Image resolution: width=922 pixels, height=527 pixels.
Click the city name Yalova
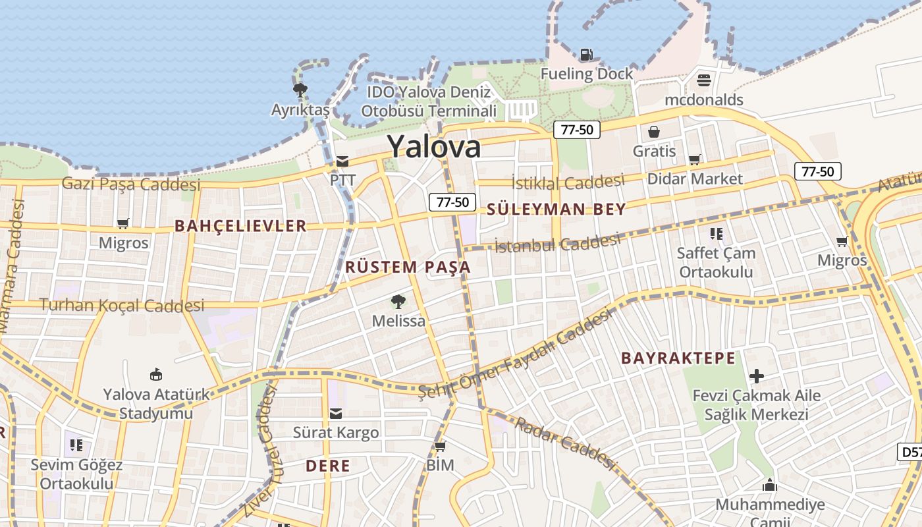click(x=433, y=146)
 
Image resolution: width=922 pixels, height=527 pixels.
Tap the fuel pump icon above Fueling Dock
click(x=586, y=55)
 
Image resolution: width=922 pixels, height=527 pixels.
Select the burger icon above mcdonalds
click(x=704, y=80)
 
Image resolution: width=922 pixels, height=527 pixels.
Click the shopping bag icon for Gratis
click(x=654, y=132)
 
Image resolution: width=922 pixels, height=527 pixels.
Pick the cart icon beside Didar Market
click(x=694, y=159)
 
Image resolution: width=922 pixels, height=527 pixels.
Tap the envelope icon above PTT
click(x=342, y=161)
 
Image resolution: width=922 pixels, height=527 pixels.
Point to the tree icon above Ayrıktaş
click(x=300, y=90)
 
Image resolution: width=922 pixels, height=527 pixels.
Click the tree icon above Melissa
click(x=398, y=302)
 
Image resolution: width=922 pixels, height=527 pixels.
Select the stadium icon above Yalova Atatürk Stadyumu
click(x=156, y=375)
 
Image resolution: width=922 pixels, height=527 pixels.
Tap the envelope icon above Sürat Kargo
click(x=336, y=413)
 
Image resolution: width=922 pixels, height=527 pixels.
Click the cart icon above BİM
click(x=440, y=446)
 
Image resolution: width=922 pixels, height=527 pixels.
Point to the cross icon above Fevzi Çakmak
click(x=756, y=376)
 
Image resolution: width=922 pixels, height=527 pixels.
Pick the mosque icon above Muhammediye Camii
click(x=769, y=485)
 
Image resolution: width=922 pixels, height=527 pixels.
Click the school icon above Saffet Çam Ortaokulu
click(x=717, y=233)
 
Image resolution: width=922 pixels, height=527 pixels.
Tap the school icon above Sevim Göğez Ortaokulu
click(x=76, y=445)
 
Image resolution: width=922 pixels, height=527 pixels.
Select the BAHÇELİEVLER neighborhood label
click(x=240, y=226)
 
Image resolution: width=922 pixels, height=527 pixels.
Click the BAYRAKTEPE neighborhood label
click(x=678, y=358)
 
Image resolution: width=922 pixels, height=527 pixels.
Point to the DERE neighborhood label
click(x=328, y=466)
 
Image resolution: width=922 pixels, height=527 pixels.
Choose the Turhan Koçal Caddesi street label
click(x=122, y=305)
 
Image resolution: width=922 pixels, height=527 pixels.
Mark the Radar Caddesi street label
click(x=564, y=442)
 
